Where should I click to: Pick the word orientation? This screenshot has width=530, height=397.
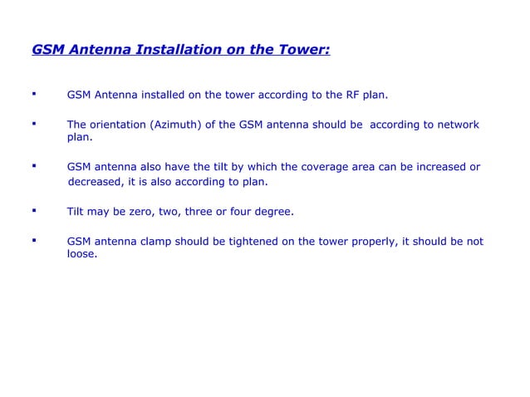click(119, 125)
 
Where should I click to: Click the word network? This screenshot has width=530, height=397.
click(454, 125)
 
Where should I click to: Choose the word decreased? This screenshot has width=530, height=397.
click(98, 181)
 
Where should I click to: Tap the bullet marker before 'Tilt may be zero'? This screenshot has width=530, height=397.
click(34, 210)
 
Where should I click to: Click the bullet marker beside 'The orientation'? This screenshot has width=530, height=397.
click(34, 123)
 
